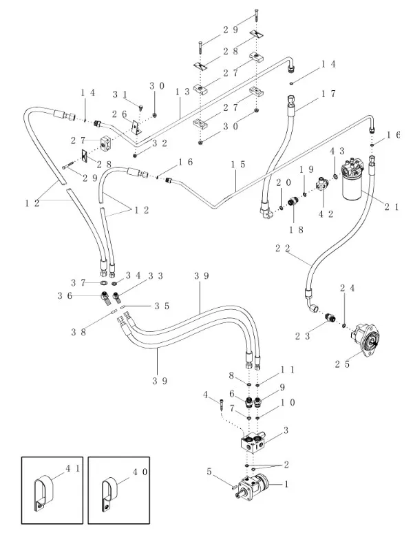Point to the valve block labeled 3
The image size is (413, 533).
click(252, 441)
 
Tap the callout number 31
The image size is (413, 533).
click(120, 94)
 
